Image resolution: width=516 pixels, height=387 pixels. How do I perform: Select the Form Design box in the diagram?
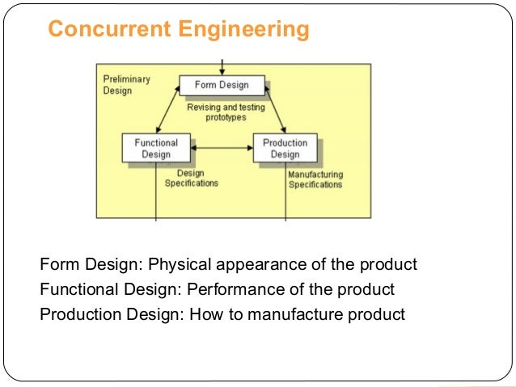click(x=222, y=85)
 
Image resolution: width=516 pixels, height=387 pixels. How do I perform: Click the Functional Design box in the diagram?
click(x=156, y=149)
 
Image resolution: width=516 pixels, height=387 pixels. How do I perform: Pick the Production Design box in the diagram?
click(x=285, y=149)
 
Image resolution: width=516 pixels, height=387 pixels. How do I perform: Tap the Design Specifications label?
click(x=192, y=178)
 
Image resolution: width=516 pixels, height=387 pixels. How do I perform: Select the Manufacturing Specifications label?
click(x=315, y=179)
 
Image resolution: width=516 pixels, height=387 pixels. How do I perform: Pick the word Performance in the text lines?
click(x=232, y=289)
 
